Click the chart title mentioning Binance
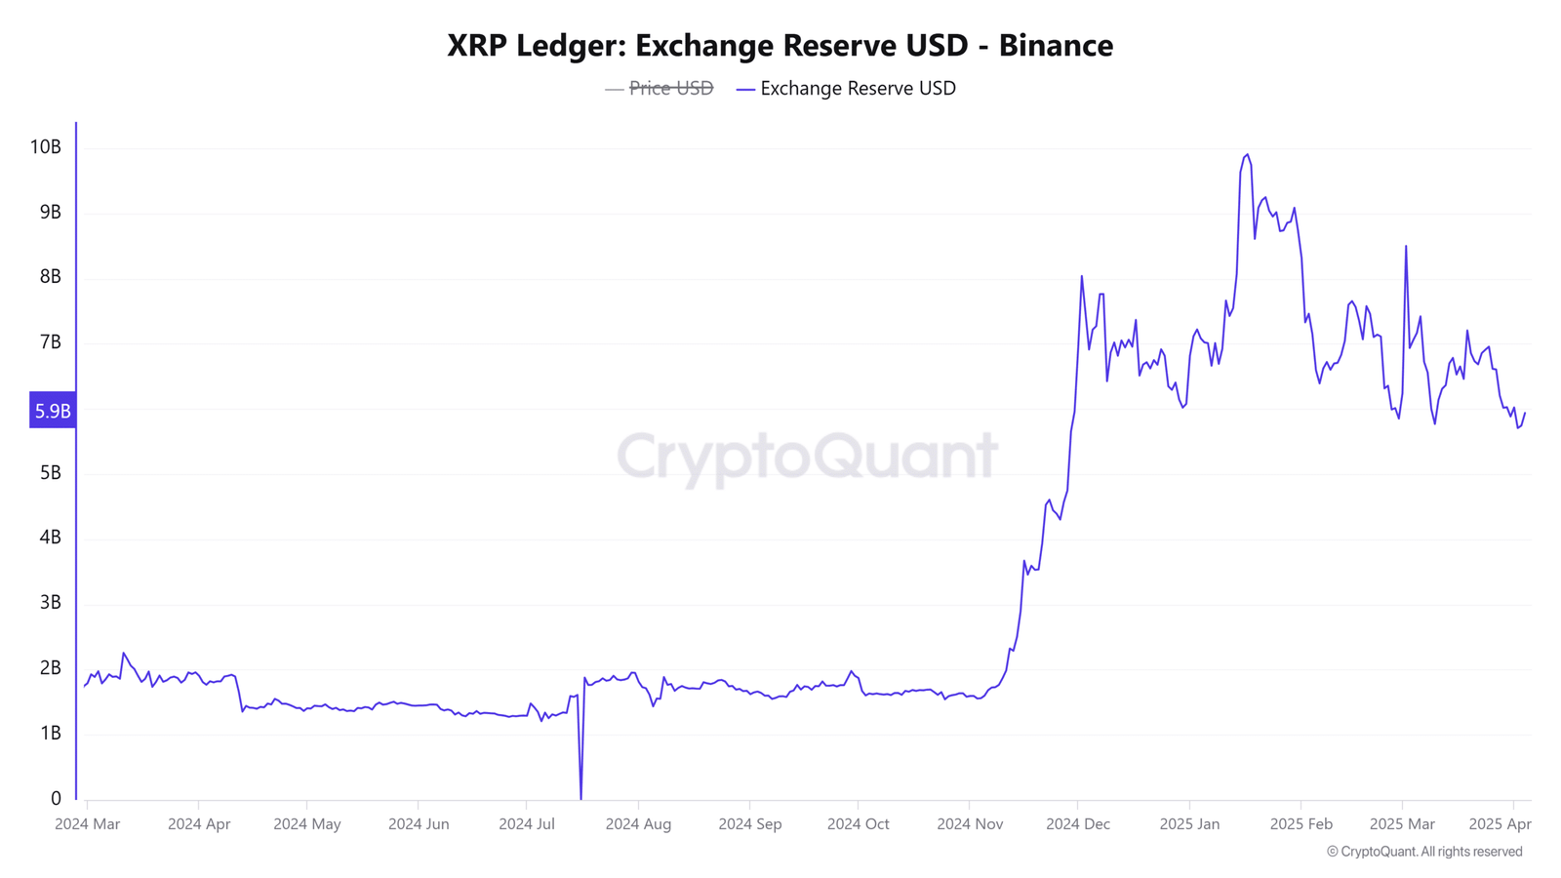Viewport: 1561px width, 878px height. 780,45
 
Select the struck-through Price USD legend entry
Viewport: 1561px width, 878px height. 670,89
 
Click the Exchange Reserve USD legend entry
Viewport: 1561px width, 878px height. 858,89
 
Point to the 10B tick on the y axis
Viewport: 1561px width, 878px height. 46,147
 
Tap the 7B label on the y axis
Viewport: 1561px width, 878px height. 50,342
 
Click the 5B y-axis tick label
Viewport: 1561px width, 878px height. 50,473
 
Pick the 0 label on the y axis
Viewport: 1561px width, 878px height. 56,799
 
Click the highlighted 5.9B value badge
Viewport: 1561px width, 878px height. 53,411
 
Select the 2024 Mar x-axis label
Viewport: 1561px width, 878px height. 88,824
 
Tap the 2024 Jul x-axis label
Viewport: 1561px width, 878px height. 527,824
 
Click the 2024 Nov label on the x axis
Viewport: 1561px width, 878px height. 970,824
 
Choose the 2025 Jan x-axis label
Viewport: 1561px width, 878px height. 1189,824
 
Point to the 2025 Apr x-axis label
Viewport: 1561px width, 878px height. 1500,824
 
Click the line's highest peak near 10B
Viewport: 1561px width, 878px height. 1247,155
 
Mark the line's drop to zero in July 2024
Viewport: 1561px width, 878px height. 581,798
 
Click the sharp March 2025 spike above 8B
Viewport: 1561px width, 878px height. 1406,247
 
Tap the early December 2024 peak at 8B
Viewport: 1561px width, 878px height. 1081,277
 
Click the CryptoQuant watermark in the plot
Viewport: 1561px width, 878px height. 807,457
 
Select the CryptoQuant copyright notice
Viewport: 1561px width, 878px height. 1424,852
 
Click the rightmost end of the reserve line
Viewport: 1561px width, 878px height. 1525,414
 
